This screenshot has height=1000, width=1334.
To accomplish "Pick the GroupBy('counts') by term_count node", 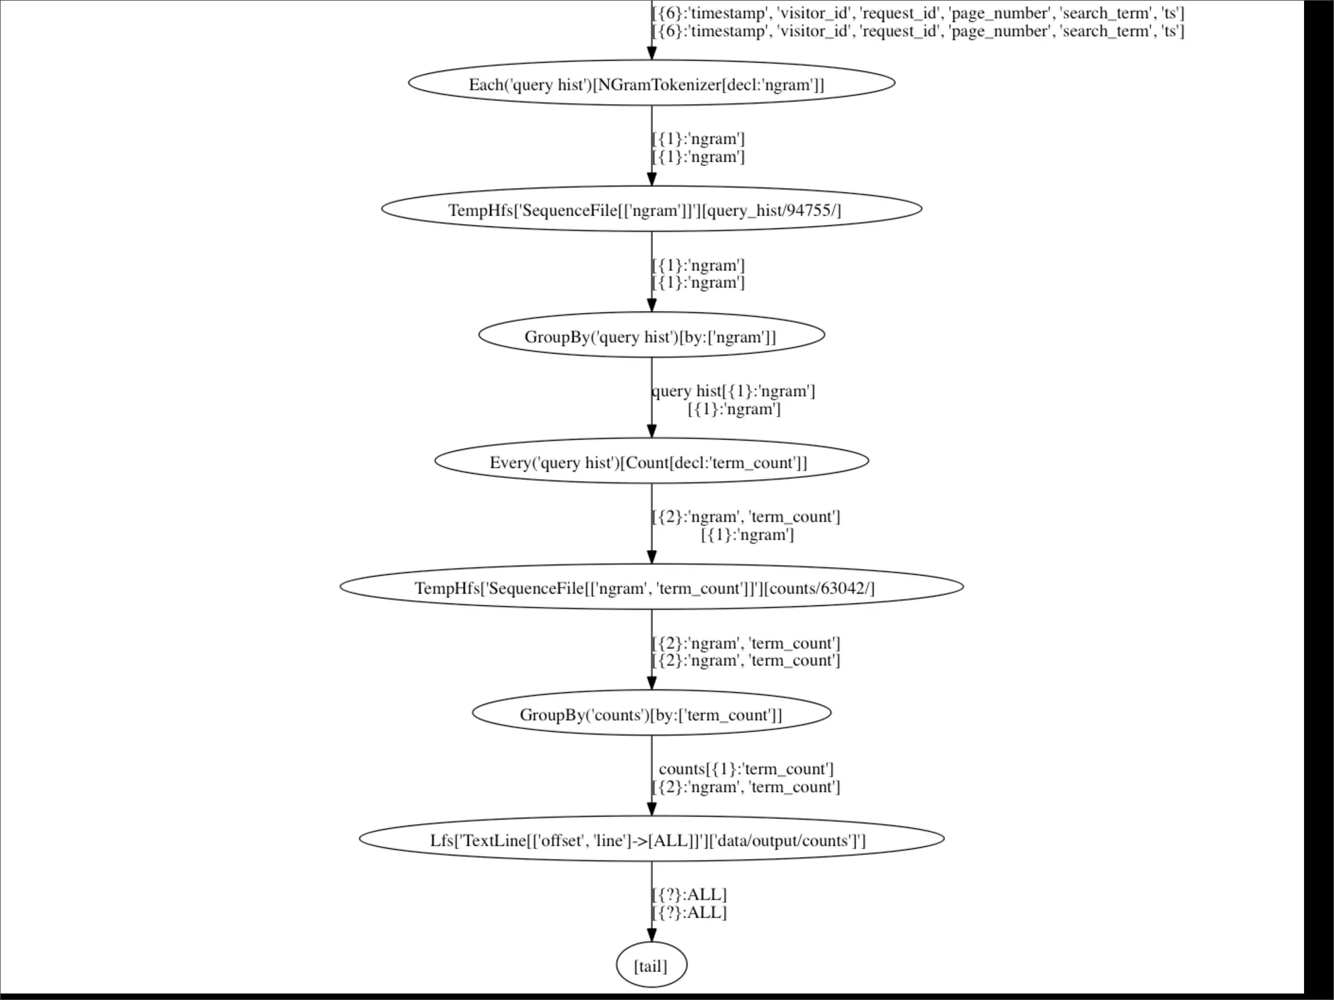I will (651, 714).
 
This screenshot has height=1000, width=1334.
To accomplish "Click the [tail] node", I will (651, 965).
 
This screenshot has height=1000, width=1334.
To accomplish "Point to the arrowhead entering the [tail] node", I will (651, 935).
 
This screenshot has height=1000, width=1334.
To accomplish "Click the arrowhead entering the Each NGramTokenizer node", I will (651, 53).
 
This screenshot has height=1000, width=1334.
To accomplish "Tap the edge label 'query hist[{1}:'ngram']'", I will (733, 391).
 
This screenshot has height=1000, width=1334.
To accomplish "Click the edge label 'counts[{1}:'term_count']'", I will (746, 769).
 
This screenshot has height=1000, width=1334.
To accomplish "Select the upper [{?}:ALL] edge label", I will (689, 895).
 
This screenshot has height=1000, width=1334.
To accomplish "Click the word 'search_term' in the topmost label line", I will (1105, 13).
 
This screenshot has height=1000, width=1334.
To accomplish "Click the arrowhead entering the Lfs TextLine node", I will (651, 809).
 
